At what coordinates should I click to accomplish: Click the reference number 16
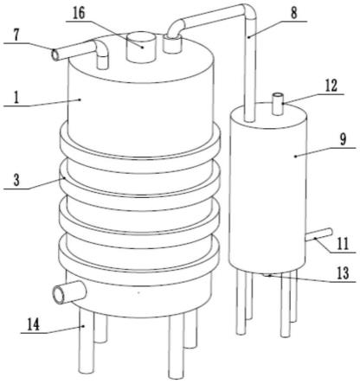coord(79,14)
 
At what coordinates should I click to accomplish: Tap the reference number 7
coord(16,35)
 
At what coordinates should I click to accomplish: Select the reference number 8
coord(293,13)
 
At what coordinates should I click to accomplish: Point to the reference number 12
coord(331,86)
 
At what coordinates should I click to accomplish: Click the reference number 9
coord(343,140)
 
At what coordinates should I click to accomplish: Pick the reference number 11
coord(343,245)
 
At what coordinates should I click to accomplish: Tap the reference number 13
coord(343,273)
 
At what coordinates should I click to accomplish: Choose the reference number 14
coord(34,325)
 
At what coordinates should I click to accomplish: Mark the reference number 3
coord(16,181)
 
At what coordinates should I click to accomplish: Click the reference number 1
coord(16,99)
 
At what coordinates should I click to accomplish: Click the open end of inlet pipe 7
coord(55,54)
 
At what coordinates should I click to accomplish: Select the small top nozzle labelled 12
coord(278,104)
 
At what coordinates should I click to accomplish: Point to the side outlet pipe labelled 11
coord(318,234)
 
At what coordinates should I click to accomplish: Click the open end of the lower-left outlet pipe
coord(59,295)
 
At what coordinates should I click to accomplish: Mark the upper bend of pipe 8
coord(248,12)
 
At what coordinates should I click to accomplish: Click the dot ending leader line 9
coord(295,157)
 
